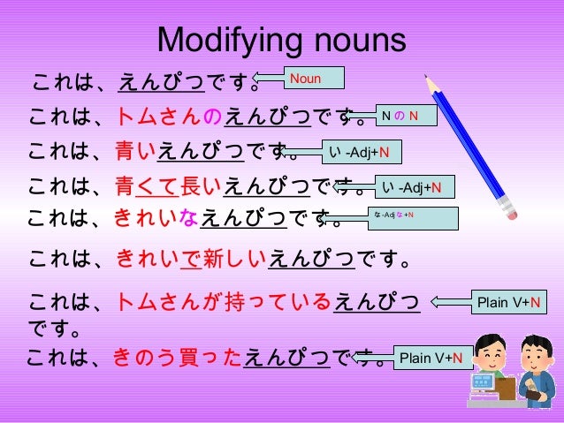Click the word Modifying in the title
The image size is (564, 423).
[x=220, y=41]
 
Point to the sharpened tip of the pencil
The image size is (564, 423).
[x=430, y=79]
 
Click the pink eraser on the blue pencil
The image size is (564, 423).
[x=506, y=211]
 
